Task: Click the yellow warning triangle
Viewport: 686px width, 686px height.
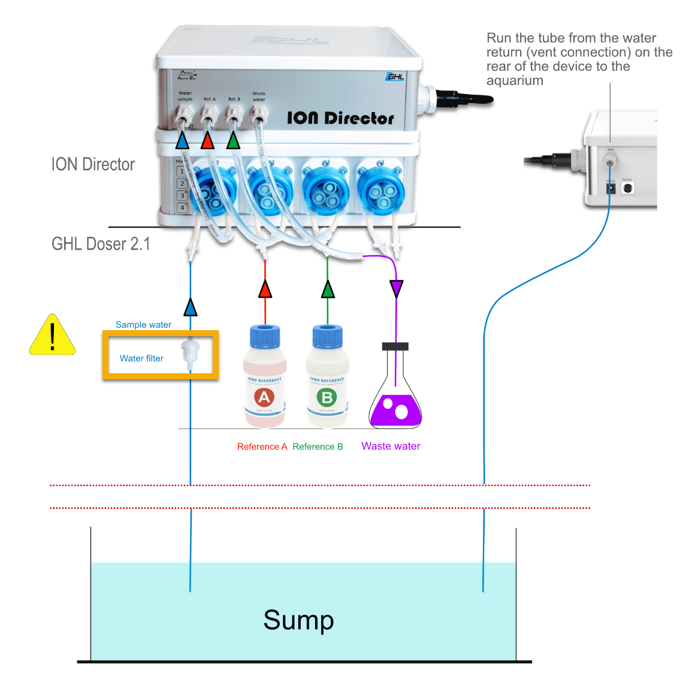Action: point(53,336)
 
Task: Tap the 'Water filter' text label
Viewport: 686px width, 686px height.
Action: point(141,358)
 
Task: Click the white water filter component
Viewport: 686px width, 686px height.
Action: point(190,353)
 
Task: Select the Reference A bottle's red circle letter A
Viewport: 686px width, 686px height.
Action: point(264,397)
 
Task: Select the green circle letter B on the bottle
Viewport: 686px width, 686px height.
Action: point(327,397)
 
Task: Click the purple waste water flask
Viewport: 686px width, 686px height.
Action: point(395,407)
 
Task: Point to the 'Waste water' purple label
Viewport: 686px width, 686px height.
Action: point(391,446)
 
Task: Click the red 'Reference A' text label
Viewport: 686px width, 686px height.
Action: point(262,447)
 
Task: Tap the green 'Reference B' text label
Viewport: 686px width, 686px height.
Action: point(318,447)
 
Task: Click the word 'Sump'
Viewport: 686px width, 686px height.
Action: point(298,620)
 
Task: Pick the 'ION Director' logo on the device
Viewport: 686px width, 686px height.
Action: point(340,118)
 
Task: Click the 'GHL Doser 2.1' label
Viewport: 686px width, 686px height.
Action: point(101,244)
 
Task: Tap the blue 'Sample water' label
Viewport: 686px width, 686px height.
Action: point(143,325)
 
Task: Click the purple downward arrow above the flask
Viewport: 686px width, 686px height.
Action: point(396,289)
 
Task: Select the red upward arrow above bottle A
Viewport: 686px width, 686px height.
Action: point(265,289)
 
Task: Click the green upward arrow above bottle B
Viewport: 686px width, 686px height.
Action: point(327,289)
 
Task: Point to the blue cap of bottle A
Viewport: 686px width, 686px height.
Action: point(265,336)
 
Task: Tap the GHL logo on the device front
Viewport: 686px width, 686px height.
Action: point(395,76)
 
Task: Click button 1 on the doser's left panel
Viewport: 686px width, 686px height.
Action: point(182,171)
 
